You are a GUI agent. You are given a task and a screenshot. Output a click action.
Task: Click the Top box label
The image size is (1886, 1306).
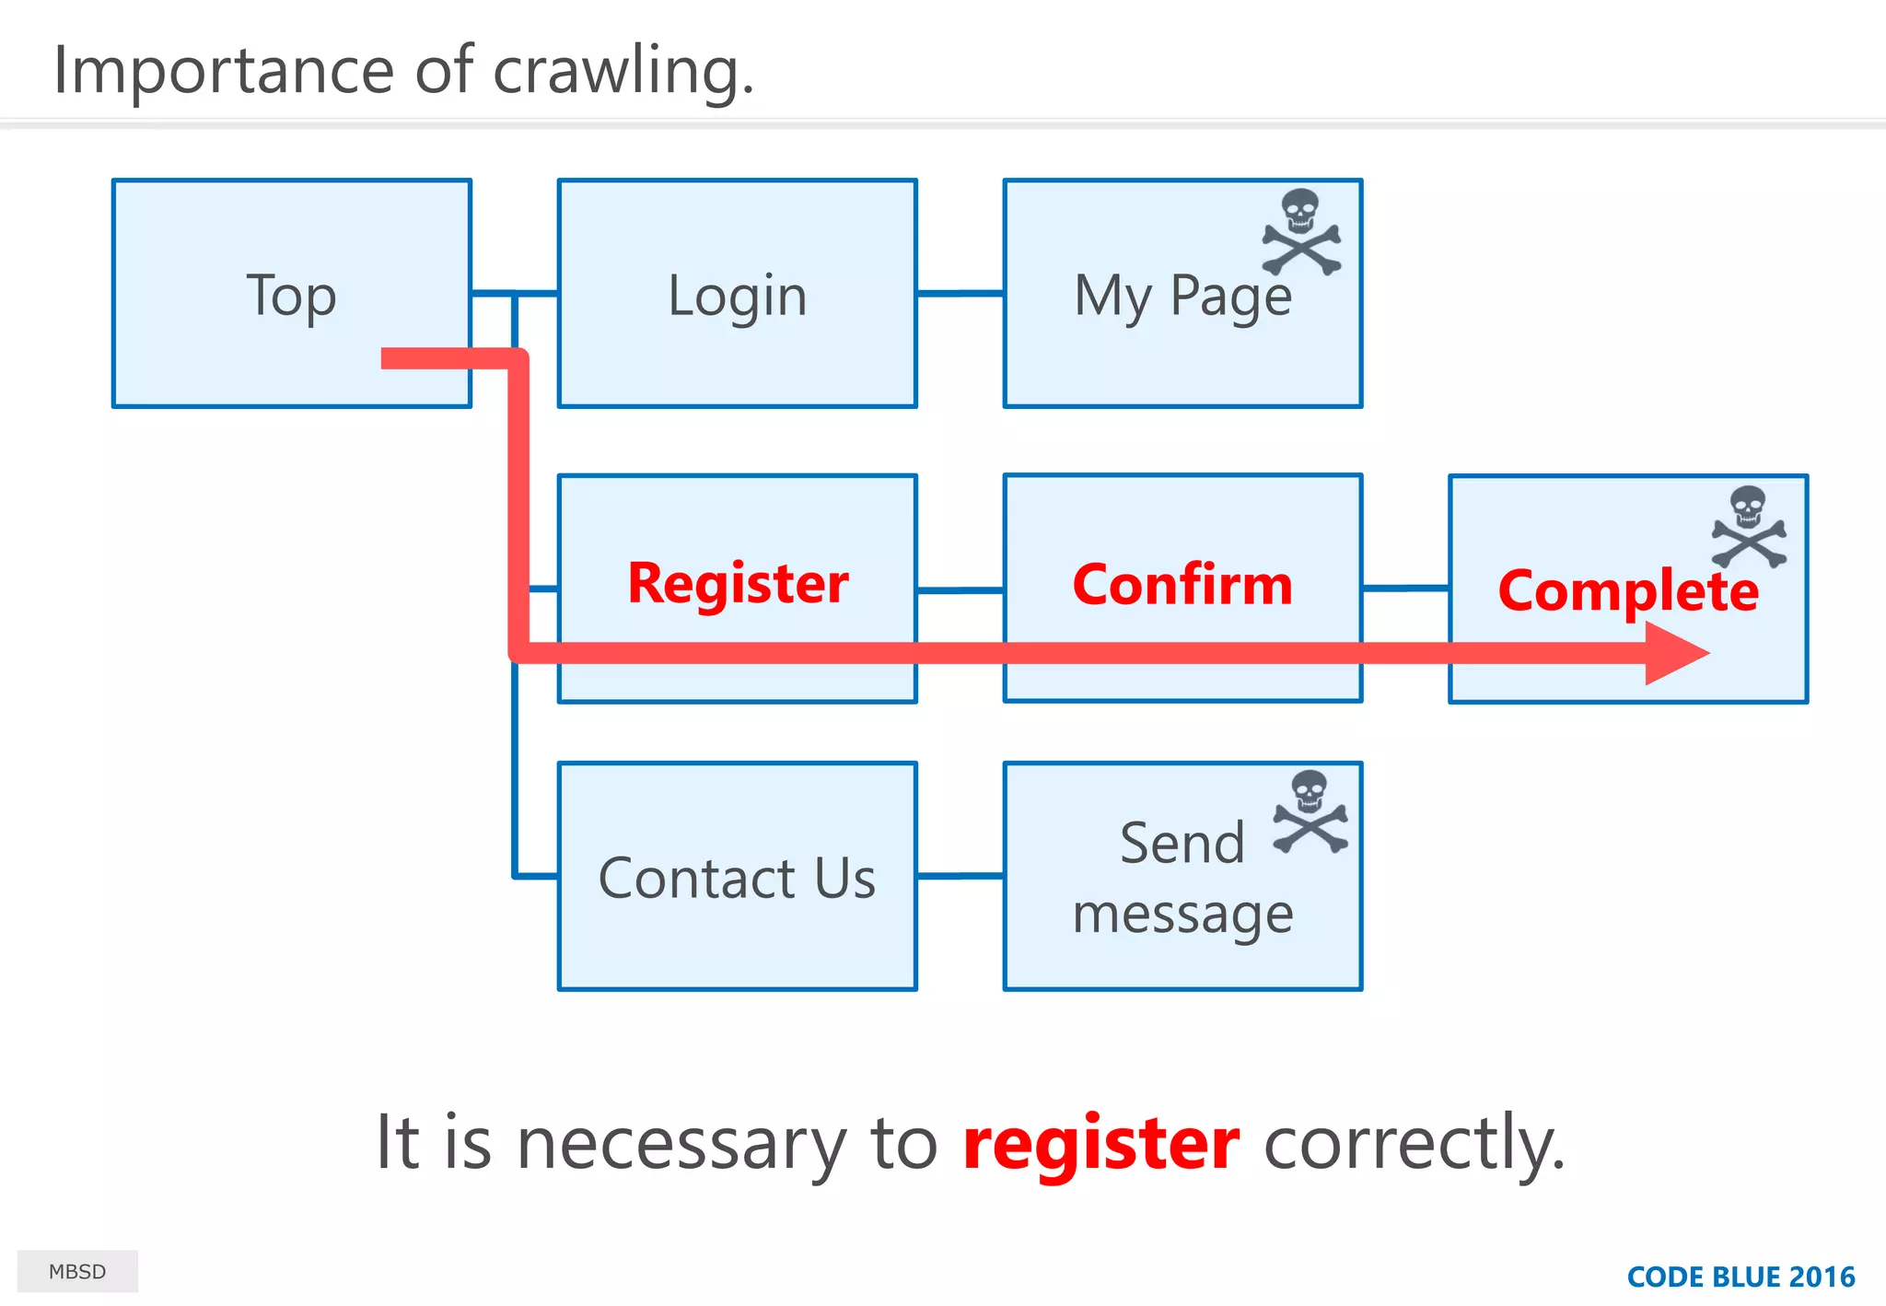291,296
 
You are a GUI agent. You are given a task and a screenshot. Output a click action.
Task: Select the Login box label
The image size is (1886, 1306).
737,296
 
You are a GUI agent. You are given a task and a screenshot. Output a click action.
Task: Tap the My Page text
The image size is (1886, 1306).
1182,297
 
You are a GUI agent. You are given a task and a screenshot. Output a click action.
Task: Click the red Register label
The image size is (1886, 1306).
738,584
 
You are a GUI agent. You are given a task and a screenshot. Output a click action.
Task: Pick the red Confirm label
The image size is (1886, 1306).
1182,585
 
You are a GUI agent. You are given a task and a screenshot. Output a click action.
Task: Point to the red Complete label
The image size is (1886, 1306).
1627,590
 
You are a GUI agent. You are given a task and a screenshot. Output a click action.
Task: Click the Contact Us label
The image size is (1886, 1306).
737,878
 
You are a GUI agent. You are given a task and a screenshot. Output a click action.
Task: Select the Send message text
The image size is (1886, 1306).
1182,878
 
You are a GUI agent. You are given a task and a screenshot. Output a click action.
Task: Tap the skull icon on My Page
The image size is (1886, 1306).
1301,232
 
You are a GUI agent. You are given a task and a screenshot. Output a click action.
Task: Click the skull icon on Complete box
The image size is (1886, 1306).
1749,527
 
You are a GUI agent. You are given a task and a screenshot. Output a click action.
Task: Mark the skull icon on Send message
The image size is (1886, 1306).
1310,811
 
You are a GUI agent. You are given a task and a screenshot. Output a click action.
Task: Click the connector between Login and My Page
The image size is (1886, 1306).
960,294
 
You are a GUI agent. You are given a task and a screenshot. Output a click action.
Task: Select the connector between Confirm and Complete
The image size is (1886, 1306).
1405,588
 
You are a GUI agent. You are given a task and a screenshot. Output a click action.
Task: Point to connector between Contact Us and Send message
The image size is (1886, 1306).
960,876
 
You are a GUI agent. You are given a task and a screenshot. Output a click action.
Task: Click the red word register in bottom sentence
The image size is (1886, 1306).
1100,1143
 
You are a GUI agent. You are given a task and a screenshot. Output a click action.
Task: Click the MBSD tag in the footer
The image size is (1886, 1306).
77,1272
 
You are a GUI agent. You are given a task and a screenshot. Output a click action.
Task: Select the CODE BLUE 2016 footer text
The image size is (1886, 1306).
1740,1277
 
